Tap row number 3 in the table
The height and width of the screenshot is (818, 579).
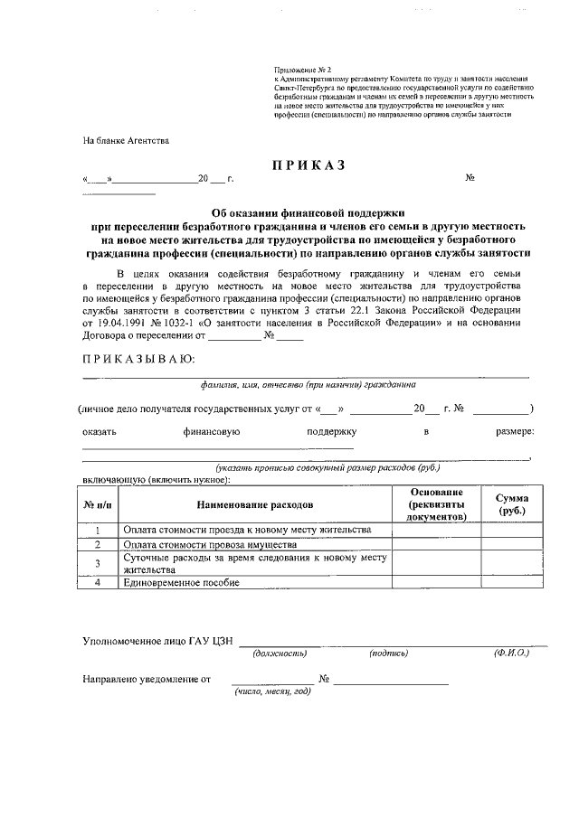(97, 564)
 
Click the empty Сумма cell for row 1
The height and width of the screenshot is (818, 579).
(512, 530)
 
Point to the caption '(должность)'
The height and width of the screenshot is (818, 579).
(280, 652)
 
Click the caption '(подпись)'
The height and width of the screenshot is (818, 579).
(388, 652)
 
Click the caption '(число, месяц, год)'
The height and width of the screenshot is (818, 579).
(272, 691)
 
